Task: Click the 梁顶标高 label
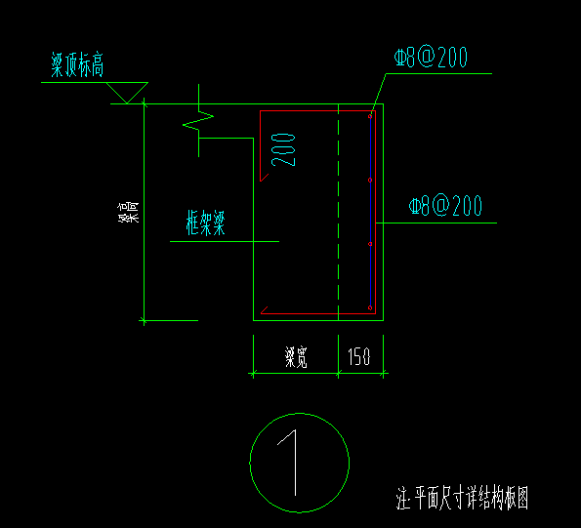click(77, 64)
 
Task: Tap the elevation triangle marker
click(127, 93)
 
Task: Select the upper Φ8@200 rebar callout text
click(431, 58)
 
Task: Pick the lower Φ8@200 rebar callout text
click(445, 206)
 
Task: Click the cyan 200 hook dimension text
click(283, 150)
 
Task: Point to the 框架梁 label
click(206, 223)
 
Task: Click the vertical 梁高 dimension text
click(128, 212)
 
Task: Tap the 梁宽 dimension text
click(296, 357)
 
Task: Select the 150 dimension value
click(359, 356)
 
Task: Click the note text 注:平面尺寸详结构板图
click(462, 498)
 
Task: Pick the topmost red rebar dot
click(370, 117)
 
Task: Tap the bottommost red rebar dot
click(370, 307)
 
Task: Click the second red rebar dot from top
click(370, 180)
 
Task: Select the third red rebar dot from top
click(370, 244)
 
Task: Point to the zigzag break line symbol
click(198, 121)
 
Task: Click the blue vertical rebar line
click(370, 212)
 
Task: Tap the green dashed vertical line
click(338, 212)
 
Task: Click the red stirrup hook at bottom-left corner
click(265, 310)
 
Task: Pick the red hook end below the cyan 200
click(265, 178)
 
